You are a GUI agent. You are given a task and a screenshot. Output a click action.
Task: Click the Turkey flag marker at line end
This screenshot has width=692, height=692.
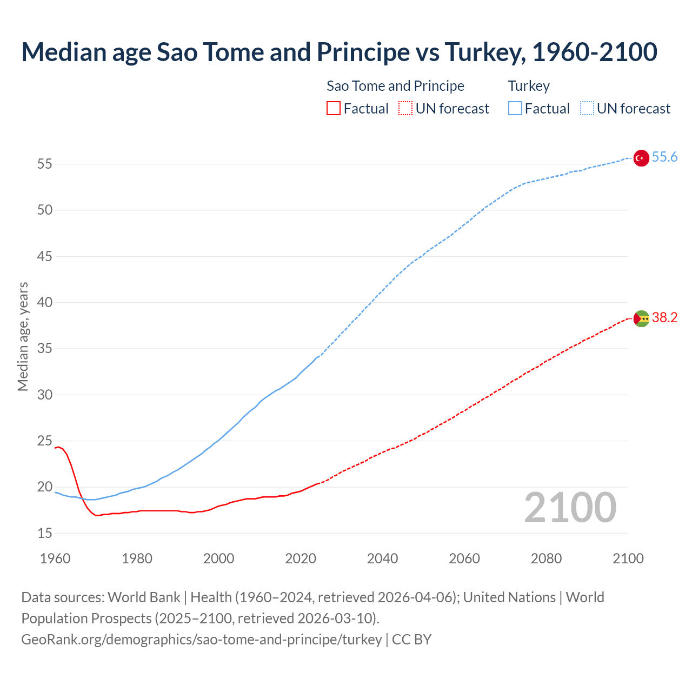point(641,158)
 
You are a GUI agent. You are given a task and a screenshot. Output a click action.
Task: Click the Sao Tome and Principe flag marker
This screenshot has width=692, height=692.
point(641,319)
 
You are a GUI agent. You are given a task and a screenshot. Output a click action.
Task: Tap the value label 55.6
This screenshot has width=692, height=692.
point(664,157)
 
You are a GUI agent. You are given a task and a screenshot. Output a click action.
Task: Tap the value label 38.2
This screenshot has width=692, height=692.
point(664,318)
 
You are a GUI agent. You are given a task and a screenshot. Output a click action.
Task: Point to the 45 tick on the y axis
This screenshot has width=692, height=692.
point(45,256)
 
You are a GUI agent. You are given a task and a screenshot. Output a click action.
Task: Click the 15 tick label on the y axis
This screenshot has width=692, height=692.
point(45,534)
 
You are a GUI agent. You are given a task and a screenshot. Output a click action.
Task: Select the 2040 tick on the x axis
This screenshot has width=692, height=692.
point(382,558)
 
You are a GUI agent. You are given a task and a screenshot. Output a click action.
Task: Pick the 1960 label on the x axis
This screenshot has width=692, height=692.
point(55,558)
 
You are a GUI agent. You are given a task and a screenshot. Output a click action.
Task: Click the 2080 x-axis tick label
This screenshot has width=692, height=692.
point(546,558)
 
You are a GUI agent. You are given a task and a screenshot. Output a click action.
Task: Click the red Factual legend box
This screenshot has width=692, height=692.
point(334,109)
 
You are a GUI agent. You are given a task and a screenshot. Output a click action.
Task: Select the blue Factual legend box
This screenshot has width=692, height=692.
point(515,109)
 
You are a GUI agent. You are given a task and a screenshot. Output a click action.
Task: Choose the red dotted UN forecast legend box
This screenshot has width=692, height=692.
point(405,109)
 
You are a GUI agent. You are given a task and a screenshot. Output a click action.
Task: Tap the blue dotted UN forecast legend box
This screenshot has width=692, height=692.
point(587,109)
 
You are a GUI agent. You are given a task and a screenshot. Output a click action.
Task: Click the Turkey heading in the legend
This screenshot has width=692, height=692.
point(529,86)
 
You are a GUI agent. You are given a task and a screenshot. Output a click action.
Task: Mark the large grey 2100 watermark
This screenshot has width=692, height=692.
point(570,508)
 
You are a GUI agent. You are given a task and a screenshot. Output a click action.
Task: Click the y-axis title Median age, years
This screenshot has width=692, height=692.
point(23,336)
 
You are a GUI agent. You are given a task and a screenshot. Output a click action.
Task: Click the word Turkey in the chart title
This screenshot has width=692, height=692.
point(484,52)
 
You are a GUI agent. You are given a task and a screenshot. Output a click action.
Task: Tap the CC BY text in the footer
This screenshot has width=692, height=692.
point(411,640)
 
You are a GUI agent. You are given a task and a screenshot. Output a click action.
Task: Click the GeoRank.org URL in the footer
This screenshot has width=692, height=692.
point(201,640)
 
